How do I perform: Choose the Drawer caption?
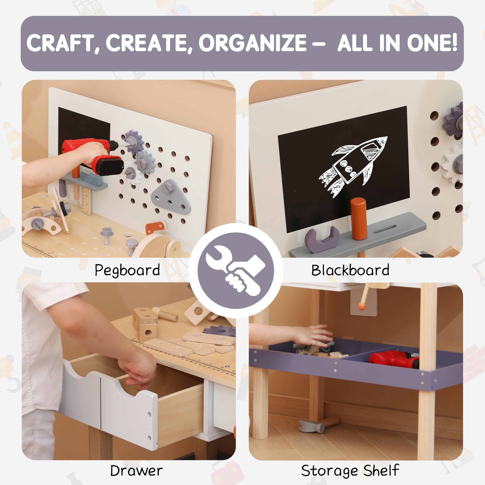(x=136, y=470)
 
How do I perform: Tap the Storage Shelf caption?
(x=350, y=470)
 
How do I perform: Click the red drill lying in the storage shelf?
(x=394, y=359)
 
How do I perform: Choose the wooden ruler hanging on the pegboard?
(x=86, y=201)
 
